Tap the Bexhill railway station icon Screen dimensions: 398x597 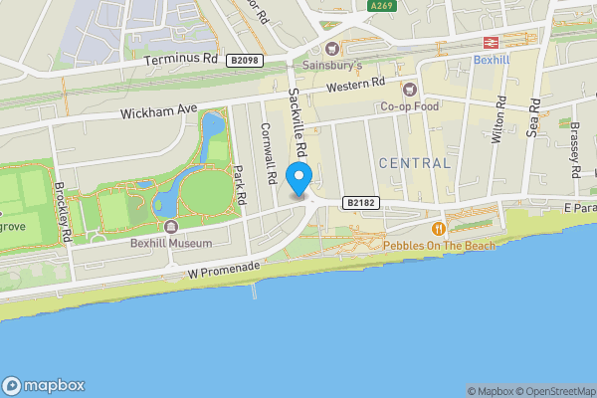(491, 43)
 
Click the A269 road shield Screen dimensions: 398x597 (381, 6)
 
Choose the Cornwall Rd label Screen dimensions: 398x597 (266, 152)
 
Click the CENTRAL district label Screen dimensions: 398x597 (414, 162)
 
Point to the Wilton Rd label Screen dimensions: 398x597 (500, 121)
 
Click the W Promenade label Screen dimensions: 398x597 (224, 270)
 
